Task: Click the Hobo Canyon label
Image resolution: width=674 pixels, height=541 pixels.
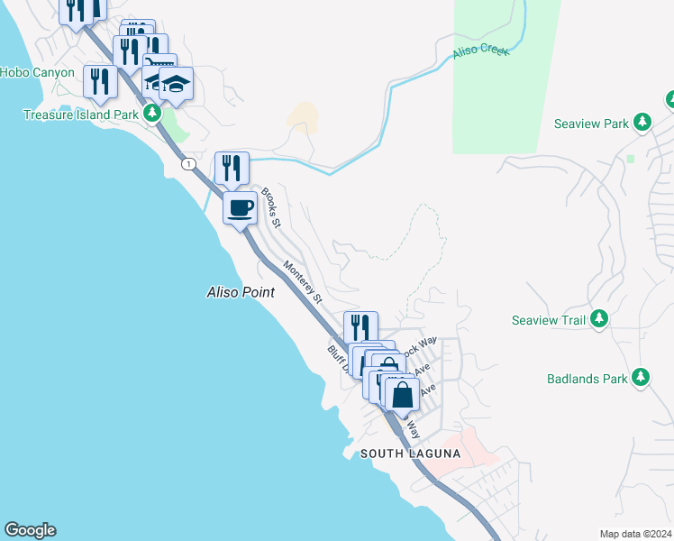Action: point(37,72)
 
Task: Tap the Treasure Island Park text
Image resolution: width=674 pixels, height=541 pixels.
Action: point(80,115)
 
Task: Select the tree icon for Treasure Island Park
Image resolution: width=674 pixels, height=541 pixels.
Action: point(152,114)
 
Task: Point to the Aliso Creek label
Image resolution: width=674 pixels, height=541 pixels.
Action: point(481,50)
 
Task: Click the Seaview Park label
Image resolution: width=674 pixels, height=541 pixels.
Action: point(590,124)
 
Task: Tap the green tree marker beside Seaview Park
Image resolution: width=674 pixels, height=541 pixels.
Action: point(642,122)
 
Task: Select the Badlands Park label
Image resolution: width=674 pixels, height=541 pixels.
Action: point(587,379)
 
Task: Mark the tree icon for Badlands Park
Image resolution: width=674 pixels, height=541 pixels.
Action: point(641,377)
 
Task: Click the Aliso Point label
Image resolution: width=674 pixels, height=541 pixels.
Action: point(241,293)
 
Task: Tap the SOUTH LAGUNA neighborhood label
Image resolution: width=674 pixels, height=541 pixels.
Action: point(410,454)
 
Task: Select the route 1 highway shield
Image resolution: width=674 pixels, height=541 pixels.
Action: point(188,164)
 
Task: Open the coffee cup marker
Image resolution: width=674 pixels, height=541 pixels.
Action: point(240,208)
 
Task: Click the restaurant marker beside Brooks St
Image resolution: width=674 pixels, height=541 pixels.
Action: point(231,167)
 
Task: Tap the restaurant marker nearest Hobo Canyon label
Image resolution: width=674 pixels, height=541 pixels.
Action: point(99,81)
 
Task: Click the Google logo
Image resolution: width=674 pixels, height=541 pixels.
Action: point(30,530)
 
